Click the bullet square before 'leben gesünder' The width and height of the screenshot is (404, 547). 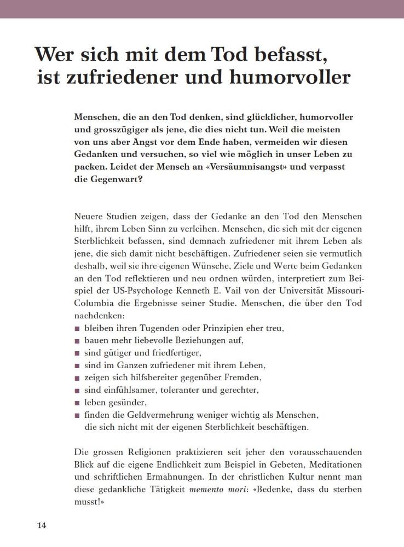tap(77, 403)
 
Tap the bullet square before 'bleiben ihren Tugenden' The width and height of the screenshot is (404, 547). tap(77, 329)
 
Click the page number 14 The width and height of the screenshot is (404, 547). tap(42, 526)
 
